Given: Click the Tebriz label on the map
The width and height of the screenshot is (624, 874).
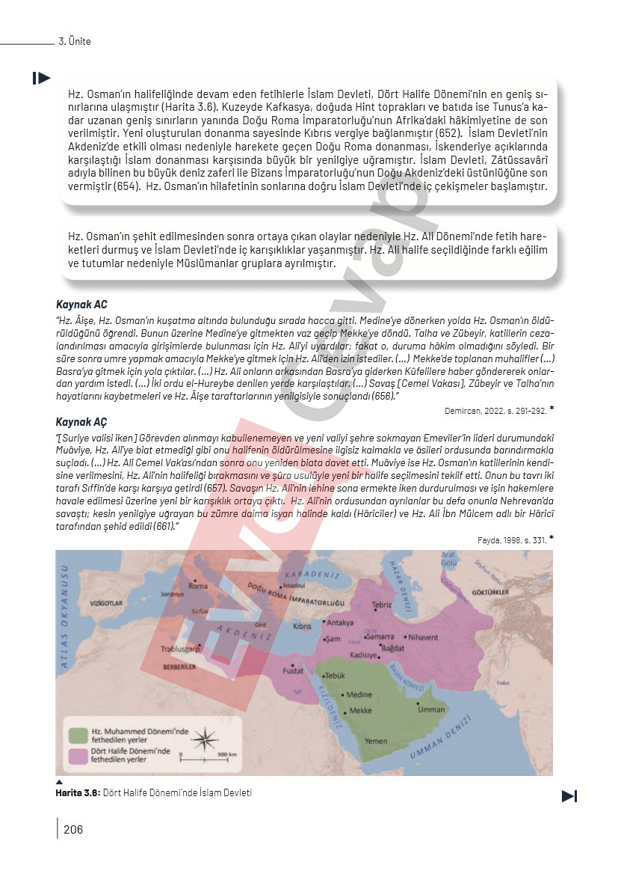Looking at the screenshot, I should click(x=382, y=605).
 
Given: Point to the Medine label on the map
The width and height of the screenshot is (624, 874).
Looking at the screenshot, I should click(x=359, y=694).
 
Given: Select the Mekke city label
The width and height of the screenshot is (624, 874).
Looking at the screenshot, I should click(x=360, y=710).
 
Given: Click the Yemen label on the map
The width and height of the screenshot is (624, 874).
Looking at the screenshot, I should click(x=376, y=740).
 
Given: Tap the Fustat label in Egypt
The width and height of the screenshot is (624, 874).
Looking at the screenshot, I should click(x=293, y=671).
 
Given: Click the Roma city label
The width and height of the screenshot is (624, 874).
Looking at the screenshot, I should click(x=199, y=586).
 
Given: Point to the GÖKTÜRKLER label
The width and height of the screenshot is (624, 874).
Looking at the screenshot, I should click(x=491, y=593).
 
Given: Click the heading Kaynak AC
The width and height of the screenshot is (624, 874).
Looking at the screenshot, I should click(x=82, y=305).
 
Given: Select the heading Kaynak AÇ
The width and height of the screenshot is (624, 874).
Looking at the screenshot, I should click(x=82, y=421).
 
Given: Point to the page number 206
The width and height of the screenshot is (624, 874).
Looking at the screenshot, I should click(x=73, y=828).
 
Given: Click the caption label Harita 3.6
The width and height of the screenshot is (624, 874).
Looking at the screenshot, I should click(x=78, y=792).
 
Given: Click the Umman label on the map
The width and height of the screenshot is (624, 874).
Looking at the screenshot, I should click(x=432, y=709).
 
